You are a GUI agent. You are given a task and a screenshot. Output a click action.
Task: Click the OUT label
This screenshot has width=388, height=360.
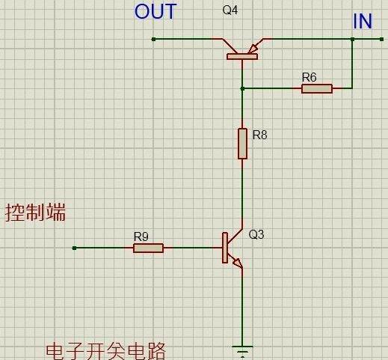click(155, 12)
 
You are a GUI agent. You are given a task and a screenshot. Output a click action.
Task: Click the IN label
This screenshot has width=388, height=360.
click(363, 22)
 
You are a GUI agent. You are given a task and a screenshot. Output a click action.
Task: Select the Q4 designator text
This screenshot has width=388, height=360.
click(231, 10)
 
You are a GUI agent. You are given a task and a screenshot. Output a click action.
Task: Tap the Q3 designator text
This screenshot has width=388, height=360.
click(256, 234)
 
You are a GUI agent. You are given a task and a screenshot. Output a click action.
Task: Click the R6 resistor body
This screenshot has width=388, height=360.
click(317, 88)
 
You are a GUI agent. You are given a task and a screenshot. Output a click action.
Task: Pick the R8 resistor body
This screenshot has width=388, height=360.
click(242, 143)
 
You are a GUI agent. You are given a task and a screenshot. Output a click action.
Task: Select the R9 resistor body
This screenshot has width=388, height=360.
click(148, 248)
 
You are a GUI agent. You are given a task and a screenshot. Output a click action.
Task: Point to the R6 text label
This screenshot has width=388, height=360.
click(309, 77)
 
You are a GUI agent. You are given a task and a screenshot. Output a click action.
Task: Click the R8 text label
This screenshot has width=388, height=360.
click(259, 135)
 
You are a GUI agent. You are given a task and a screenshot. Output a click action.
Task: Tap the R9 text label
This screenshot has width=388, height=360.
click(141, 237)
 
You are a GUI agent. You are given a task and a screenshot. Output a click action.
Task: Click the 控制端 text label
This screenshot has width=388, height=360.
click(35, 213)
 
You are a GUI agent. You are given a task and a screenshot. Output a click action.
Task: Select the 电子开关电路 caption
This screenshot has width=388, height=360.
click(105, 351)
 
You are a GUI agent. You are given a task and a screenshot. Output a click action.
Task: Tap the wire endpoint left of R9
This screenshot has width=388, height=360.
click(74, 248)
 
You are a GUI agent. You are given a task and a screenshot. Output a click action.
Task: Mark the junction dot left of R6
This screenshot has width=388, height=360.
click(242, 88)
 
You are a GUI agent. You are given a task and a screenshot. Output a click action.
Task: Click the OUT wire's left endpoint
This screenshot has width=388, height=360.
click(153, 38)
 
